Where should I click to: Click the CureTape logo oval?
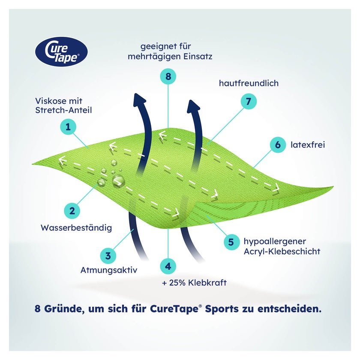click(61, 52)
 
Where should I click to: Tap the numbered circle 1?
click(68, 127)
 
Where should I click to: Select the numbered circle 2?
click(72, 211)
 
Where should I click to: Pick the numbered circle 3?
click(108, 256)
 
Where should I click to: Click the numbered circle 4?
click(168, 266)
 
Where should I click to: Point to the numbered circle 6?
click(278, 145)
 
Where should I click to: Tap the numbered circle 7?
click(249, 101)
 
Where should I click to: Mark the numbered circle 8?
click(168, 76)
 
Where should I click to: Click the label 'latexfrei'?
click(308, 145)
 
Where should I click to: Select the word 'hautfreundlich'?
click(249, 83)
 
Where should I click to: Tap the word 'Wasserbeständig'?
click(76, 228)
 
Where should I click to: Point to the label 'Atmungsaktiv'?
click(108, 270)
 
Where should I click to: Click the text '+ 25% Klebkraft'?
click(194, 282)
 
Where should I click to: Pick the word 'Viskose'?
click(51, 101)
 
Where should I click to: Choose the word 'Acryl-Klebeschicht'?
click(282, 252)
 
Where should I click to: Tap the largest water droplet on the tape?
click(119, 181)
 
